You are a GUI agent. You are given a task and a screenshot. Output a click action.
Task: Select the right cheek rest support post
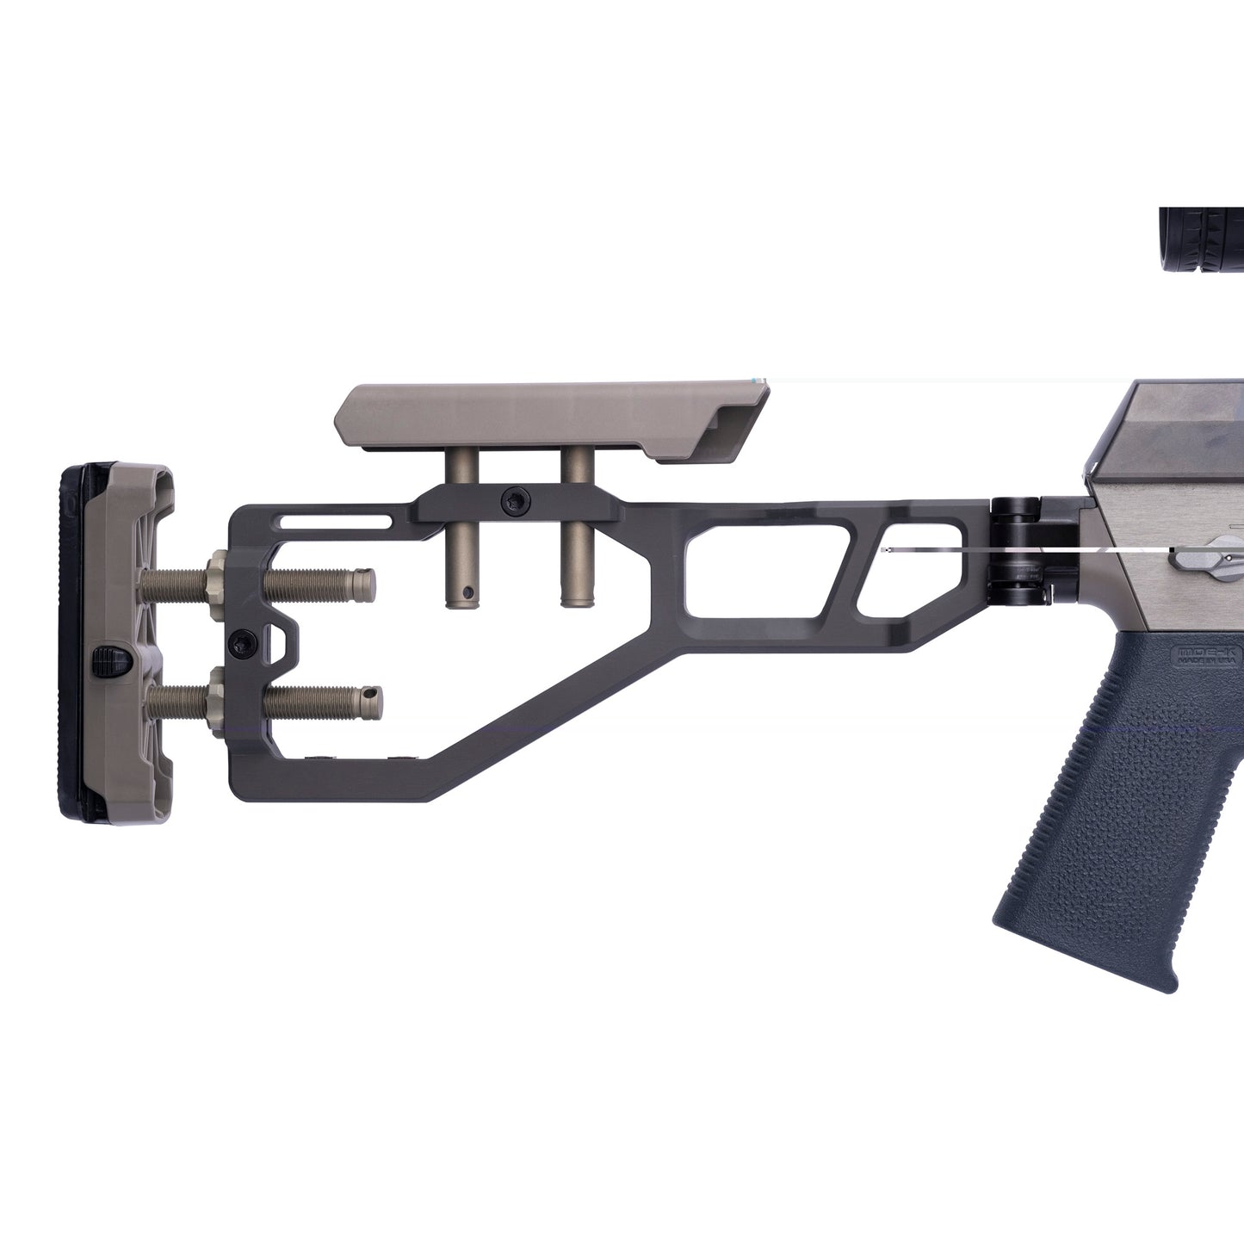pos(574,551)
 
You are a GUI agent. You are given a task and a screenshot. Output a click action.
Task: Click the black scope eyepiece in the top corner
pos(1201,240)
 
